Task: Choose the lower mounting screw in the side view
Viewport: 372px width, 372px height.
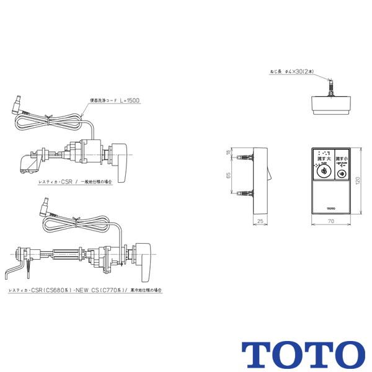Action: (244, 194)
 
